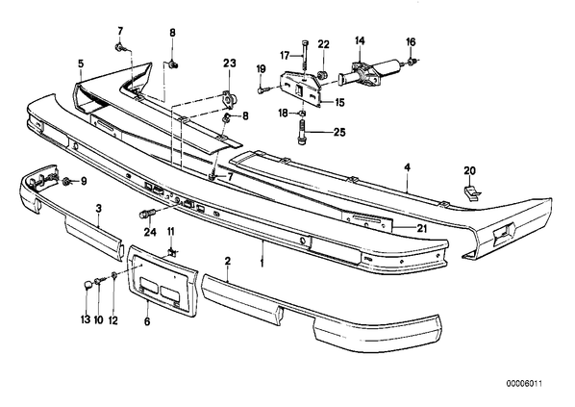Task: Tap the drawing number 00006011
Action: pos(524,384)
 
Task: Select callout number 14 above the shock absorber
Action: pos(360,40)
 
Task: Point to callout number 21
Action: pos(422,228)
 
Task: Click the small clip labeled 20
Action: pos(471,192)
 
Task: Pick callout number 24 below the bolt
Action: pos(150,232)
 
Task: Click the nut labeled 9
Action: pos(66,181)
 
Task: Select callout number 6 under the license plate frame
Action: pos(147,321)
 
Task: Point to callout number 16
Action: pos(412,42)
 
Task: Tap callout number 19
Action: pos(261,69)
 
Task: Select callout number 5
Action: pos(81,64)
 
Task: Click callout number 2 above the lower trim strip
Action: pos(228,261)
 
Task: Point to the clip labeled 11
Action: pos(171,252)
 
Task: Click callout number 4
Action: pos(407,167)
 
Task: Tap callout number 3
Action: pos(98,209)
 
